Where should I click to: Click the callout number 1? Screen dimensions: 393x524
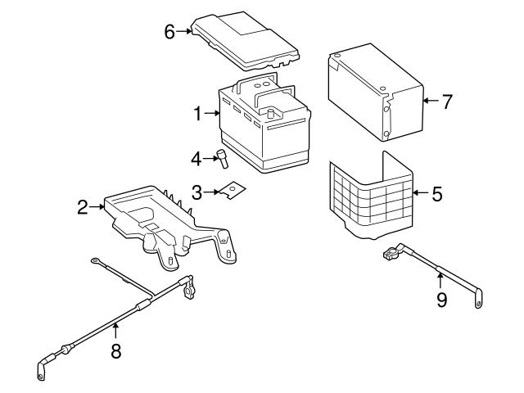pos(198,115)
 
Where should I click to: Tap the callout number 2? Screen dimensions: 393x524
pos(83,207)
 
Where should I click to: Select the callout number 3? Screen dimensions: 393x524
pos(197,192)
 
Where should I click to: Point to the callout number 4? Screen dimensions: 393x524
pos(196,157)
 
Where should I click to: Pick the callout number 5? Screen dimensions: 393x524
pos(436,194)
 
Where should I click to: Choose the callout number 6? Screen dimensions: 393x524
pos(169,31)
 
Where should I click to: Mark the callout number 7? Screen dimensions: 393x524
pos(447,102)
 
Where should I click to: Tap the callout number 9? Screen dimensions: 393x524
pos(441,300)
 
